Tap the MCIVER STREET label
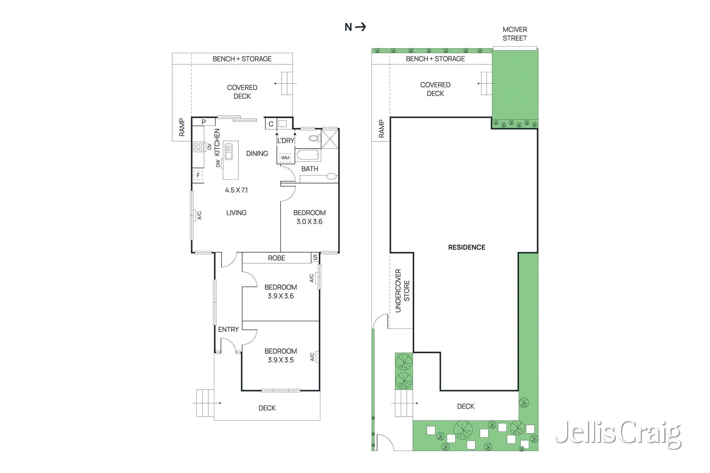(x=515, y=34)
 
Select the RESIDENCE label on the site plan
(x=466, y=247)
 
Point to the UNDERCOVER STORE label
(x=402, y=290)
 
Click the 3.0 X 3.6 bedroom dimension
(x=309, y=222)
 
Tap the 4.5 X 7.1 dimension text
(x=236, y=190)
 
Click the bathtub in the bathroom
(x=308, y=155)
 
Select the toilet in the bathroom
(x=314, y=139)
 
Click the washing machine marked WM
(x=285, y=157)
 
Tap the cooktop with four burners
(x=198, y=147)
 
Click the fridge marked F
(x=198, y=175)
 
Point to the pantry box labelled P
(x=204, y=122)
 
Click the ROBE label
(x=276, y=258)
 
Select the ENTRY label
(x=228, y=329)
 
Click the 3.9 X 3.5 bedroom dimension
(x=280, y=360)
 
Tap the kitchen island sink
(x=229, y=152)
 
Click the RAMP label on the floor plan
(x=181, y=127)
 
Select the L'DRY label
(x=286, y=141)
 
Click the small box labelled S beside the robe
(x=315, y=258)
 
